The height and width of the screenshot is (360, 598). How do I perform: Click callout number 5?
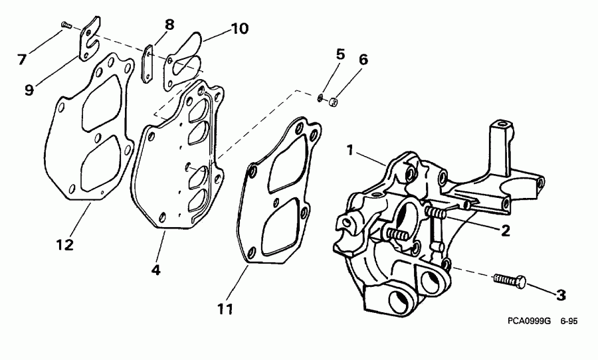pos(340,54)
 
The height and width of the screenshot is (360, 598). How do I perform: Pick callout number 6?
pos(362,59)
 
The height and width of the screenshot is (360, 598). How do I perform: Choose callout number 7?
pos(22,59)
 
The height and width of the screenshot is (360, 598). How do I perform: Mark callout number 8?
pos(169,25)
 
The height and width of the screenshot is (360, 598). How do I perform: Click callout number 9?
pos(29,90)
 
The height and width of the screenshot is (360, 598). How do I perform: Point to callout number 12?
pos(64,244)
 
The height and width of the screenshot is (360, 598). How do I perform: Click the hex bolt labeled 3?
pos(510,281)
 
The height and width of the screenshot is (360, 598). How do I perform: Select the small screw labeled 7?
pos(66,25)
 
